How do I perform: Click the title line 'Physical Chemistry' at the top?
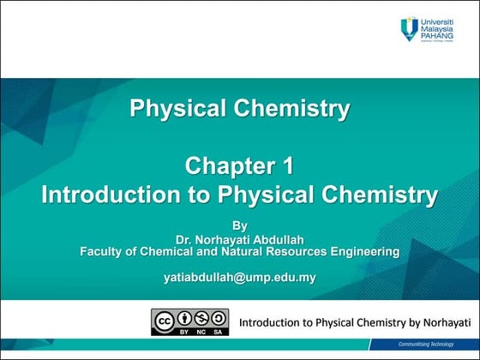[x=239, y=109]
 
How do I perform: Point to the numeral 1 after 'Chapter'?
[x=286, y=165]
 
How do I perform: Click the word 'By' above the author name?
[x=239, y=226]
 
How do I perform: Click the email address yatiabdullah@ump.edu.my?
[x=239, y=277]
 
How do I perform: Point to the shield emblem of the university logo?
[x=410, y=29]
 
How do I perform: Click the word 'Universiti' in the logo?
[x=441, y=20]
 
